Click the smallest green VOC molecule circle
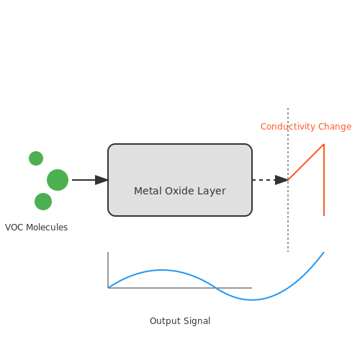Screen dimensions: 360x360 36,158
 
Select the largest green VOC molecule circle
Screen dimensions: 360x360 58,180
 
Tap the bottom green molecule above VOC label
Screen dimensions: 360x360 43,202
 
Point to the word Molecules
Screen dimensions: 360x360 47,228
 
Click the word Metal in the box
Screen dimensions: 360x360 148,191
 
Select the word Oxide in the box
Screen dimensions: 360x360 179,191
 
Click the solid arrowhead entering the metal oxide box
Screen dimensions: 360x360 102,180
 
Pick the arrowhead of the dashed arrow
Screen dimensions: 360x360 282,180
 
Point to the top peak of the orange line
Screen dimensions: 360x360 324,144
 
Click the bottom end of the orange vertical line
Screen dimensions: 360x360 324,216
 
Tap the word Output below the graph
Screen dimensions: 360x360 165,321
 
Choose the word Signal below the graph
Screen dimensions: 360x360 197,321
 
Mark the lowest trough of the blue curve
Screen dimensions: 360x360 252,300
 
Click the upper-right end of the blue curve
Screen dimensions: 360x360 324,252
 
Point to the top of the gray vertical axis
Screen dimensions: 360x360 108,252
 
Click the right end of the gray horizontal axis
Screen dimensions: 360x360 252,288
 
